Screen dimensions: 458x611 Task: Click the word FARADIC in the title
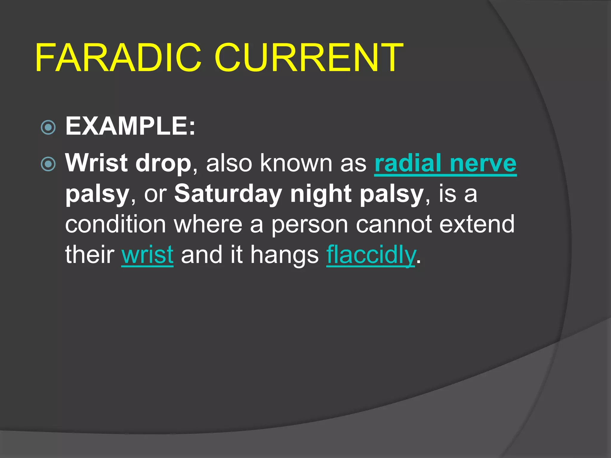(x=118, y=58)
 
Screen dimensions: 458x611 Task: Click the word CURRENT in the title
(x=308, y=58)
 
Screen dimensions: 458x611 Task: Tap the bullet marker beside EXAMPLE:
(x=48, y=128)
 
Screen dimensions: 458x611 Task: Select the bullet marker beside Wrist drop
(x=48, y=164)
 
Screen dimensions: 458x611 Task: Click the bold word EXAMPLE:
(x=130, y=126)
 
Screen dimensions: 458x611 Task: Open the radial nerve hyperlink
(x=445, y=163)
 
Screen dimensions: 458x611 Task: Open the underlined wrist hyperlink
(x=147, y=255)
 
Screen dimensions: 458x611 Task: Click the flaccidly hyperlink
(x=371, y=255)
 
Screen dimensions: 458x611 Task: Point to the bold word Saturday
(x=228, y=194)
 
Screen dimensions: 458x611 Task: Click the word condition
(x=115, y=224)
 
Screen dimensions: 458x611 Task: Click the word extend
(x=477, y=224)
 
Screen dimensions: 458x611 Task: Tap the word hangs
(x=284, y=255)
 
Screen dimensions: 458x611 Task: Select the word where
(x=208, y=224)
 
